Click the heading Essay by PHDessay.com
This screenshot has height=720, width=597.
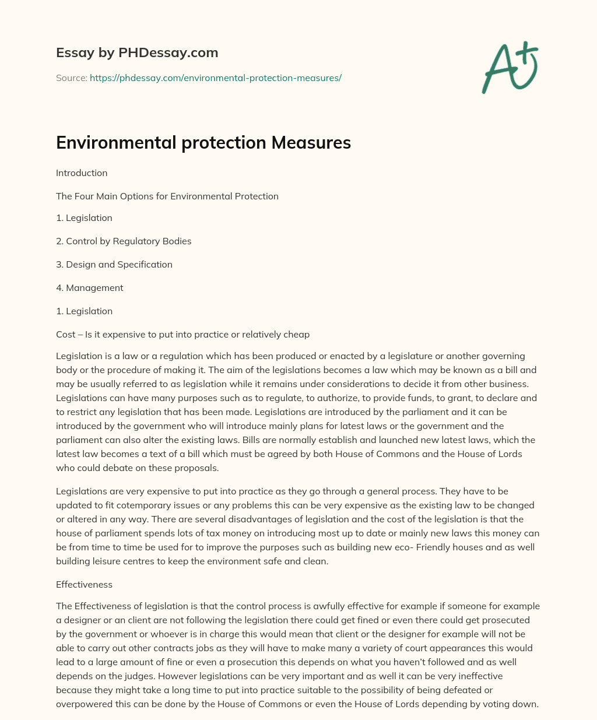[x=137, y=53]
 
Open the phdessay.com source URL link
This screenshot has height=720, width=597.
[x=215, y=78]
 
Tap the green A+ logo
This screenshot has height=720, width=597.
[x=510, y=68]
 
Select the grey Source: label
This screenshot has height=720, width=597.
[x=71, y=78]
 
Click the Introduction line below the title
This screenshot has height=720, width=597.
[x=82, y=173]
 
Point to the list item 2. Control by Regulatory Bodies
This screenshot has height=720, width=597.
[x=124, y=241]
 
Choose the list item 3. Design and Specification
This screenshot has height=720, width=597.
[x=114, y=264]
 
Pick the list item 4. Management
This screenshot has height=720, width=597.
[x=90, y=287]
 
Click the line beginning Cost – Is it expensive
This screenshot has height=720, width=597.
[x=182, y=334]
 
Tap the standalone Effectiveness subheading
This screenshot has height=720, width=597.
[x=84, y=584]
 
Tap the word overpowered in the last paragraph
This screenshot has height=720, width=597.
[x=82, y=704]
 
